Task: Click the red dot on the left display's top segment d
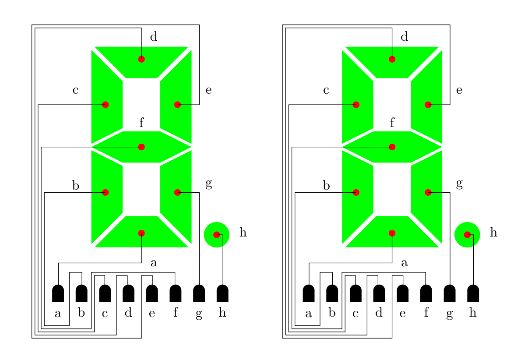pyautogui.click(x=141, y=59)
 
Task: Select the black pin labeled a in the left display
pyautogui.click(x=58, y=293)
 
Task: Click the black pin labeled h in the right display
pyautogui.click(x=473, y=293)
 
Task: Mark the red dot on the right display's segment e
pyautogui.click(x=428, y=105)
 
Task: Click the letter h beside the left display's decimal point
pyautogui.click(x=243, y=233)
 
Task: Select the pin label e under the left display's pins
pyautogui.click(x=152, y=314)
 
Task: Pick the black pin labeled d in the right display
pyautogui.click(x=379, y=293)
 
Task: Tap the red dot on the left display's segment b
pyautogui.click(x=105, y=192)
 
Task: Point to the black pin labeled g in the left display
pyautogui.click(x=199, y=293)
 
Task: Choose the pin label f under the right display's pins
pyautogui.click(x=426, y=314)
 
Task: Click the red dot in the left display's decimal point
pyautogui.click(x=217, y=234)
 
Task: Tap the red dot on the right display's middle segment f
pyautogui.click(x=392, y=147)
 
